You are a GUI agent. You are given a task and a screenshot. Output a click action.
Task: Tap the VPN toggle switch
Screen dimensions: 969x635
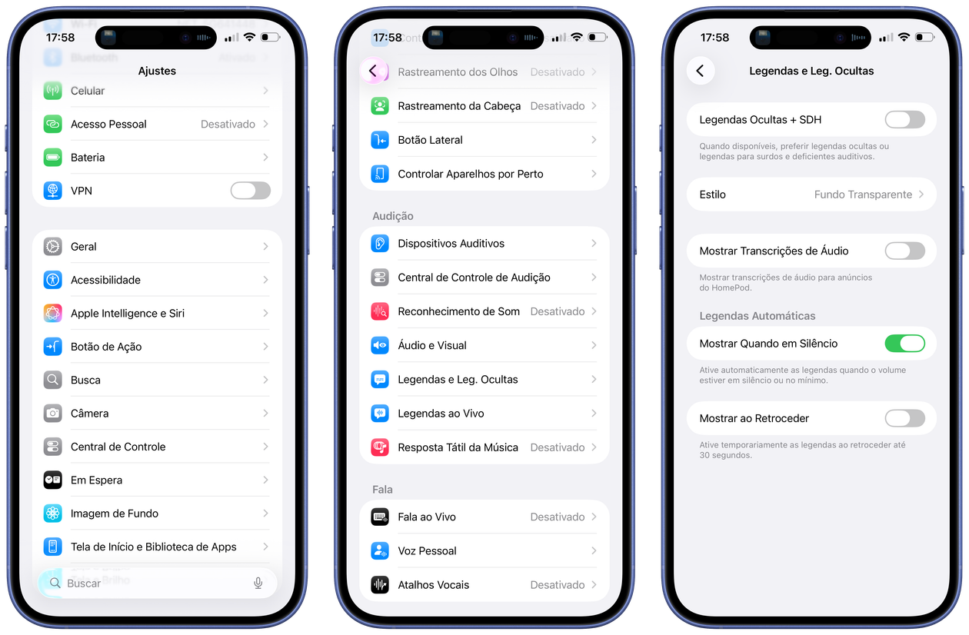coord(251,191)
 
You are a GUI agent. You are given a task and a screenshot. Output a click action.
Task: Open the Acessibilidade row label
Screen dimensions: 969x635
coord(105,280)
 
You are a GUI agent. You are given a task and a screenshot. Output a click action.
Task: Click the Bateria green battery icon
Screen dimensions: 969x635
coord(53,158)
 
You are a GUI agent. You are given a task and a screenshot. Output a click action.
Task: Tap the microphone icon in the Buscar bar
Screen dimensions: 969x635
coord(258,583)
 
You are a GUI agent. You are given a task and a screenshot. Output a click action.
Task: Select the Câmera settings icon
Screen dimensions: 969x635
coord(53,413)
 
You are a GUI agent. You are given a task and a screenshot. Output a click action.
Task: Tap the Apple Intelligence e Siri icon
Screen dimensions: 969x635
coord(53,313)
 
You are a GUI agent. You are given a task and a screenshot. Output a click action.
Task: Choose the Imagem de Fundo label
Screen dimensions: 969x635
coord(115,514)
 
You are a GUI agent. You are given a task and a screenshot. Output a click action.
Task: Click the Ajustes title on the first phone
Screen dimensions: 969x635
coord(157,71)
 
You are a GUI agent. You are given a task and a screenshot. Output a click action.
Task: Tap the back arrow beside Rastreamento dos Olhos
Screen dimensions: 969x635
coord(373,71)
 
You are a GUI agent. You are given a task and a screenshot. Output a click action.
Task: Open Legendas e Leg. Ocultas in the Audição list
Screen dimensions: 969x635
coord(458,379)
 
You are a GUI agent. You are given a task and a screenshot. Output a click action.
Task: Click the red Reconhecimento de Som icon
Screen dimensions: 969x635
coord(380,311)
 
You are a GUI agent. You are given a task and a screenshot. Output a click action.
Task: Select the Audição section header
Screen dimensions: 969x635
coord(393,216)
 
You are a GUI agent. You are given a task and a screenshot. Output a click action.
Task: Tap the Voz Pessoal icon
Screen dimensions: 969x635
coord(380,550)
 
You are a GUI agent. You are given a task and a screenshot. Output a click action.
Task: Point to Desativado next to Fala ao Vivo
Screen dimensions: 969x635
coord(558,517)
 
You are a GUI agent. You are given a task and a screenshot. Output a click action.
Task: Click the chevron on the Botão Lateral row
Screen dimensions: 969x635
coord(594,140)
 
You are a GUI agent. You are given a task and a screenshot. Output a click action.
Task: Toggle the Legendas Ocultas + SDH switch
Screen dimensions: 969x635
coord(905,120)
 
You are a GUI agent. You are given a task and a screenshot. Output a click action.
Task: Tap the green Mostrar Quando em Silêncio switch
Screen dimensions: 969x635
coord(905,344)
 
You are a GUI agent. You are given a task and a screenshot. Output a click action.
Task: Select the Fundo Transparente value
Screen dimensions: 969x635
coord(863,194)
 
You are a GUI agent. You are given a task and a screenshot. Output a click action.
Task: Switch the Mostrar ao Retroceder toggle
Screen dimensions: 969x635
coord(905,418)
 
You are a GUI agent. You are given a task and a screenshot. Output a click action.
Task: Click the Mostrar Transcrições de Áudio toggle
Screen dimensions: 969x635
coord(905,251)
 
